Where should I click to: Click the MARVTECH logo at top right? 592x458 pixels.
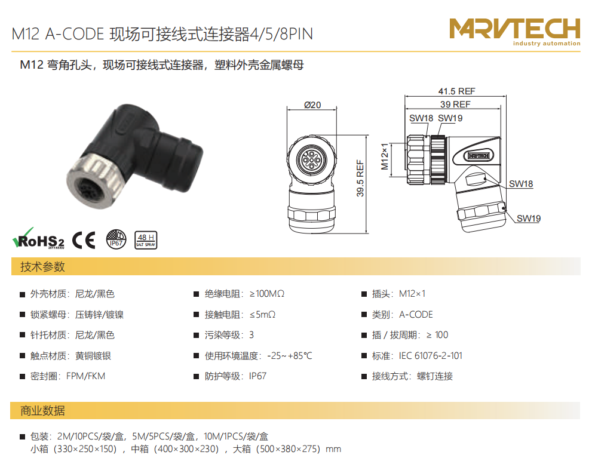(x=514, y=32)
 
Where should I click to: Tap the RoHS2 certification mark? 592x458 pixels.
(x=38, y=238)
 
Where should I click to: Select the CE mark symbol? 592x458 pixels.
(x=84, y=240)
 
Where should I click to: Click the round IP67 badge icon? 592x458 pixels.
(x=116, y=239)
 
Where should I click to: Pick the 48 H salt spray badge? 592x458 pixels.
(x=146, y=240)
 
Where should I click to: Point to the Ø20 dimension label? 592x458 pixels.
(x=312, y=105)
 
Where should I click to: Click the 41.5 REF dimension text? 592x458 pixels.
(x=456, y=91)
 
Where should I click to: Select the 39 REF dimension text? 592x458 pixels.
(x=455, y=104)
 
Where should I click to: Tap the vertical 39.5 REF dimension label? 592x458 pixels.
(x=360, y=178)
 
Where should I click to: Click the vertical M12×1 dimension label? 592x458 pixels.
(x=384, y=156)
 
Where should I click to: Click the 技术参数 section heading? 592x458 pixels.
(x=42, y=267)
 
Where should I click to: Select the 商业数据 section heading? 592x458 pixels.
(x=42, y=410)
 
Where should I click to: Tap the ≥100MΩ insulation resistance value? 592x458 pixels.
(x=267, y=294)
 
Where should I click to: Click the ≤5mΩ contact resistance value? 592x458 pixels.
(x=262, y=314)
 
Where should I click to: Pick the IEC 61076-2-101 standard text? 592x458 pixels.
(x=430, y=356)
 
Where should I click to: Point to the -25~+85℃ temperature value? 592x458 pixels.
(x=290, y=356)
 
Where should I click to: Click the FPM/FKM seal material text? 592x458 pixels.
(x=85, y=376)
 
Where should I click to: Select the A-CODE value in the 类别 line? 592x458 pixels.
(x=416, y=314)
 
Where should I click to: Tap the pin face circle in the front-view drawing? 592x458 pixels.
(x=311, y=160)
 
